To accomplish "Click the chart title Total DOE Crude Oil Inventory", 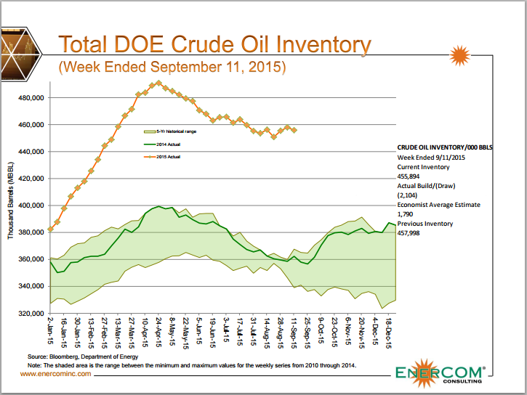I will [x=214, y=45].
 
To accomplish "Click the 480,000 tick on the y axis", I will [x=31, y=98].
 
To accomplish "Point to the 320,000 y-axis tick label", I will [x=31, y=314].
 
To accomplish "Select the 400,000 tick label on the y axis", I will [x=31, y=206].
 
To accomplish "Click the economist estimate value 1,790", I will [x=405, y=214].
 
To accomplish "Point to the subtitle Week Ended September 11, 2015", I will [x=172, y=68].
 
